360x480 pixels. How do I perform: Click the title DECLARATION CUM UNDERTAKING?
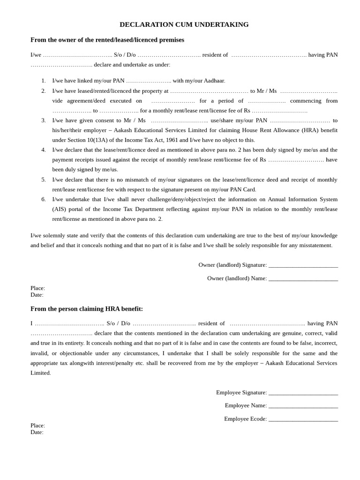[x=184, y=24]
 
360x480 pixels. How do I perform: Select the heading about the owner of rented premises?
[x=107, y=40]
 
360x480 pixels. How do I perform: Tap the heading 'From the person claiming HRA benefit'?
[x=87, y=309]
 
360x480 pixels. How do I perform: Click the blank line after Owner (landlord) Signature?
[x=303, y=265]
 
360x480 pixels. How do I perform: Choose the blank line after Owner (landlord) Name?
[x=303, y=278]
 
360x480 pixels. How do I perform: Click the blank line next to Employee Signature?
[x=303, y=393]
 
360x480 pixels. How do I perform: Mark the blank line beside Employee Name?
[x=303, y=406]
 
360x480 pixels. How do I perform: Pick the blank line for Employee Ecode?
[x=303, y=419]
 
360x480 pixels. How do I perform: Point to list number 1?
[x=44, y=81]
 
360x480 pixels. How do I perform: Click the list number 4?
[x=44, y=150]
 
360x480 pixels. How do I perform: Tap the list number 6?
[x=44, y=199]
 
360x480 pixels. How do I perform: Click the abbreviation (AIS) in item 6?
[x=59, y=209]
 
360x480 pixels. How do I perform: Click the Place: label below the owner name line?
[x=37, y=288]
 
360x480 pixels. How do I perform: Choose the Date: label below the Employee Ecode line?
[x=37, y=432]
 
